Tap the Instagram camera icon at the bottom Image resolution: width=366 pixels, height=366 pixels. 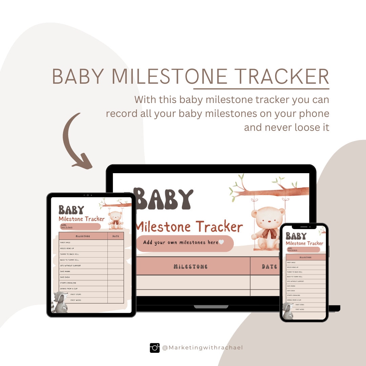pyautogui.click(x=155, y=348)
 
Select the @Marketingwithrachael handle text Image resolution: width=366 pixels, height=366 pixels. pyautogui.click(x=202, y=348)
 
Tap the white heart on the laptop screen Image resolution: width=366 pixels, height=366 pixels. pyautogui.click(x=221, y=242)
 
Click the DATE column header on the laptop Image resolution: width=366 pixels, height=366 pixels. pyautogui.click(x=269, y=266)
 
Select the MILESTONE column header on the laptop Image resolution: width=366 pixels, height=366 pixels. pyautogui.click(x=190, y=266)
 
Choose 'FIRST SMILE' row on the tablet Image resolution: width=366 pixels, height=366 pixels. pyautogui.click(x=66, y=243)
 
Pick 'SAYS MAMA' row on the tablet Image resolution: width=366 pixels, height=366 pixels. pyautogui.click(x=65, y=271)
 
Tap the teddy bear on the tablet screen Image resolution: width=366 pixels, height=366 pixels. pyautogui.click(x=116, y=219)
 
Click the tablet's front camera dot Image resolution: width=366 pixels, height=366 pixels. pyautogui.click(x=88, y=195)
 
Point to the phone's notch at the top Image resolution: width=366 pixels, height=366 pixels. pyautogui.click(x=304, y=227)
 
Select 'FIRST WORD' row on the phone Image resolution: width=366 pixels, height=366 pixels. pyautogui.click(x=300, y=309)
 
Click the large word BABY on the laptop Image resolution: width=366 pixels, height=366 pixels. pyautogui.click(x=164, y=199)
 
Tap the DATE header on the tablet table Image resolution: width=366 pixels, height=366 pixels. pyautogui.click(x=115, y=236)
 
